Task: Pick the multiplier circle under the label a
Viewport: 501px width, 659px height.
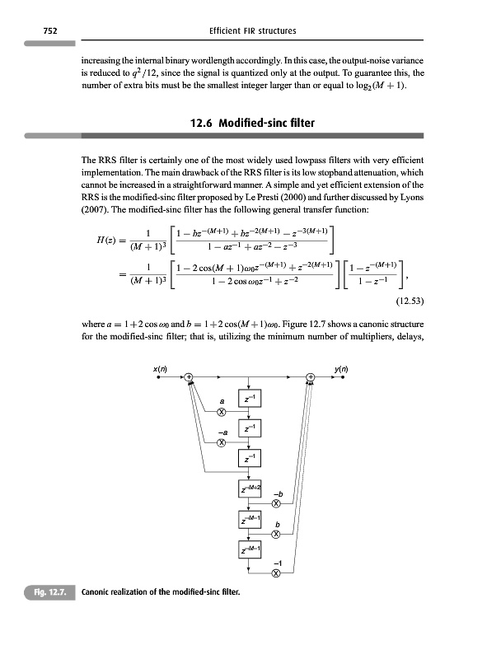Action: tap(221, 411)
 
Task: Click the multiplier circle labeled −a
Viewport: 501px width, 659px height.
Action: tap(221, 443)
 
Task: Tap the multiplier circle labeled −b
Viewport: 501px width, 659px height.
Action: tap(276, 503)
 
